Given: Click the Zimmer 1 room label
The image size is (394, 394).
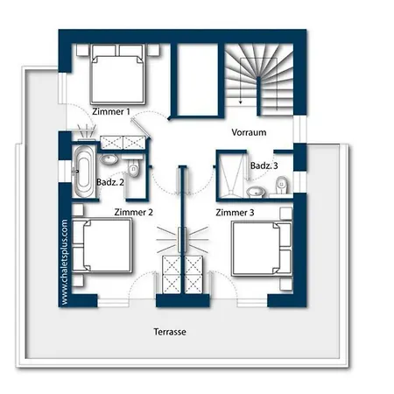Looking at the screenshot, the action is [111, 111].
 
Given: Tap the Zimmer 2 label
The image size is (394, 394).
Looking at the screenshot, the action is [133, 212].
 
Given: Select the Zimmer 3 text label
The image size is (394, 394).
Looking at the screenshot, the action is [235, 213].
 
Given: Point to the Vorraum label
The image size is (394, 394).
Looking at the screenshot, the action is [249, 132].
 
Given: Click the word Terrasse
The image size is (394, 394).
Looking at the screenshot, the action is [170, 332].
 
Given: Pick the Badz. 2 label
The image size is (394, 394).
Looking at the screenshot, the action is [110, 182].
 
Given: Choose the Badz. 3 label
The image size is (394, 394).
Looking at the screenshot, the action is [264, 165].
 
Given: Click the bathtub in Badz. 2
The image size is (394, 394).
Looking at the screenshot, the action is [83, 172].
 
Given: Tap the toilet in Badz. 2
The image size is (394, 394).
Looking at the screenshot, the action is [134, 167].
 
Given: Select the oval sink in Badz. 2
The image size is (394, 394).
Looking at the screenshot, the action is [109, 159].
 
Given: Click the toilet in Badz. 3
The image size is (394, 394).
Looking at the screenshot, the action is [282, 185].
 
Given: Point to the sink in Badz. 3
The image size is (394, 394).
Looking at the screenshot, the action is [256, 192].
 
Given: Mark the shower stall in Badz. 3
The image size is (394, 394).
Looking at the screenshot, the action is [231, 175].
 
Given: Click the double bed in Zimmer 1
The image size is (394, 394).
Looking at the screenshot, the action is [118, 74].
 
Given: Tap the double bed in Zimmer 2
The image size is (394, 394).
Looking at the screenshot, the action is [102, 246].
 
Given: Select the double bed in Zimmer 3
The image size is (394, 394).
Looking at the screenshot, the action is [262, 249].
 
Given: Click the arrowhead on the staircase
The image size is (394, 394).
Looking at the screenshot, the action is [241, 102].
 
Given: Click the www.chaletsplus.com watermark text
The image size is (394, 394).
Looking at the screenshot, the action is [65, 262].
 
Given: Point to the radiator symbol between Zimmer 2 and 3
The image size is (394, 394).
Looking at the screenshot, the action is [182, 240].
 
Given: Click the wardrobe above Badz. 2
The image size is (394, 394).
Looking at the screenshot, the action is [123, 143].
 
